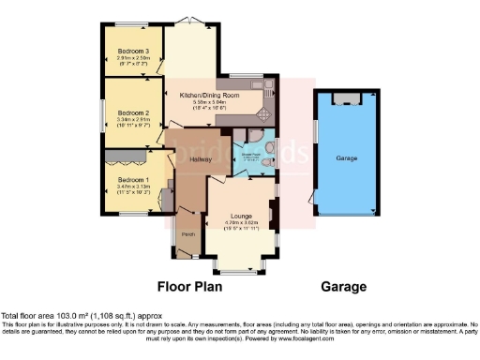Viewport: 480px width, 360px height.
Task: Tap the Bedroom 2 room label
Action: pyautogui.click(x=131, y=112)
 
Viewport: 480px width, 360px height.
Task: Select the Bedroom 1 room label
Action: pyautogui.click(x=132, y=179)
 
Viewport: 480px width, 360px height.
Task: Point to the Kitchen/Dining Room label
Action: pyautogui.click(x=218, y=95)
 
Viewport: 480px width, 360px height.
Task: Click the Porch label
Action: pyautogui.click(x=187, y=234)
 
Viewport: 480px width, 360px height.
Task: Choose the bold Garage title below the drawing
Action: pyautogui.click(x=343, y=287)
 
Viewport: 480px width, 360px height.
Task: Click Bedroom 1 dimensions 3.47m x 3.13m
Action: pyautogui.click(x=132, y=186)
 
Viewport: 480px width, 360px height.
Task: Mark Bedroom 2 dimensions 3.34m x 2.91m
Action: pyautogui.click(x=131, y=118)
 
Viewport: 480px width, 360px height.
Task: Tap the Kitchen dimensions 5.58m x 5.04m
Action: pyautogui.click(x=218, y=101)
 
